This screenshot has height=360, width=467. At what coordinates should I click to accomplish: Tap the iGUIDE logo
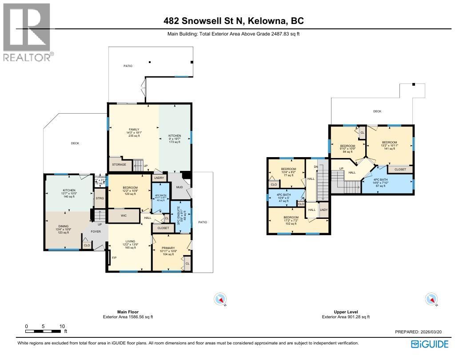[x=429, y=344]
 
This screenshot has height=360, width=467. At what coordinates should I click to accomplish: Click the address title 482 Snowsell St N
[x=233, y=21]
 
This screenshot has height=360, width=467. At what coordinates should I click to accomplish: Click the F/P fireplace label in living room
[x=114, y=257]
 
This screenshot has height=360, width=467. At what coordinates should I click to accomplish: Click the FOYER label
[x=96, y=231]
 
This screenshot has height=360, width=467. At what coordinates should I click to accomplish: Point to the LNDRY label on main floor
[x=159, y=178]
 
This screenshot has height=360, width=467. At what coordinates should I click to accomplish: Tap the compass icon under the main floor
[x=220, y=300]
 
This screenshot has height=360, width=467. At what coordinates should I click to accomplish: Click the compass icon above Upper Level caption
[x=431, y=300]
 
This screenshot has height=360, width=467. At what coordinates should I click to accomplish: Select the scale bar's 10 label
[x=62, y=326]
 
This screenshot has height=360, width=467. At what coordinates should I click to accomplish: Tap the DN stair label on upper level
[x=316, y=166]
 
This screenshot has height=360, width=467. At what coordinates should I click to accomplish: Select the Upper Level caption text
[x=346, y=312]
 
